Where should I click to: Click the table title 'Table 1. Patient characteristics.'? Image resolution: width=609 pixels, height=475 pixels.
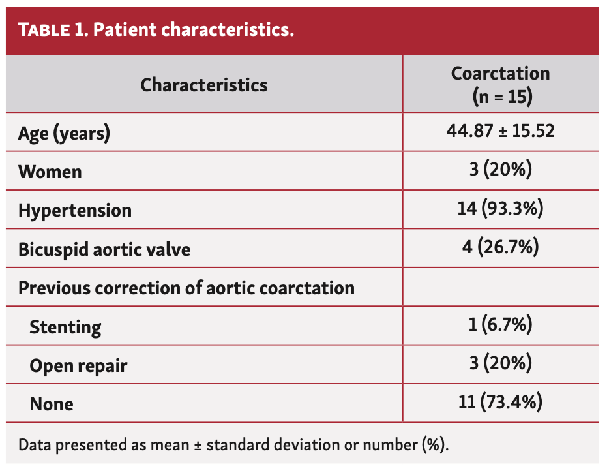coord(156,31)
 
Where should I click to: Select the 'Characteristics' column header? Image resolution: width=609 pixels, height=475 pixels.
coord(204,85)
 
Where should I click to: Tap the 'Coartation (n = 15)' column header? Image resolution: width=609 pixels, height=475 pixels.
coord(500,85)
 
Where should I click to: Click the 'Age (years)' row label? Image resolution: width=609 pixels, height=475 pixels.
coord(64,134)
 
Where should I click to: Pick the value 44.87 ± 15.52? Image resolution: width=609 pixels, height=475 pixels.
coord(500,131)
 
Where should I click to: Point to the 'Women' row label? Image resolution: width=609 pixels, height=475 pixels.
coord(50,172)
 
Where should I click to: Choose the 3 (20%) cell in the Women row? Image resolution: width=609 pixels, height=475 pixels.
coord(500,170)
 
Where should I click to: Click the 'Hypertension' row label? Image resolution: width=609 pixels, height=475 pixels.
coord(75,211)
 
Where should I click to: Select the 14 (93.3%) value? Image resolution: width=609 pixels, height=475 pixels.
coord(500,209)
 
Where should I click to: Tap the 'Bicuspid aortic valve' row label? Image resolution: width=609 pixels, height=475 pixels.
coord(104,249)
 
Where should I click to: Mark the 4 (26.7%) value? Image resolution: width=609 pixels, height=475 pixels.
coord(500,247)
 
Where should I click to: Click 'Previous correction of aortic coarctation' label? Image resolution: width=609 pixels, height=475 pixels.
coord(186,288)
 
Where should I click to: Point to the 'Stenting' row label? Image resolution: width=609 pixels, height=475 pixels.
coord(65,327)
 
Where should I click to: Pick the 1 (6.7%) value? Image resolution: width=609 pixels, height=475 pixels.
coord(500,324)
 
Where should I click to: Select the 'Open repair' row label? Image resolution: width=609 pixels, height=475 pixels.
coord(78,365)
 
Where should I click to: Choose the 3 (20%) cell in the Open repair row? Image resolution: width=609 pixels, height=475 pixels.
coord(500,363)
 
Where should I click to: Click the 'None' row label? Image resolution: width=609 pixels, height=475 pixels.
coord(52,404)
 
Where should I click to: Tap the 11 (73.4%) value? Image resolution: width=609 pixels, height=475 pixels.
coord(500,402)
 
